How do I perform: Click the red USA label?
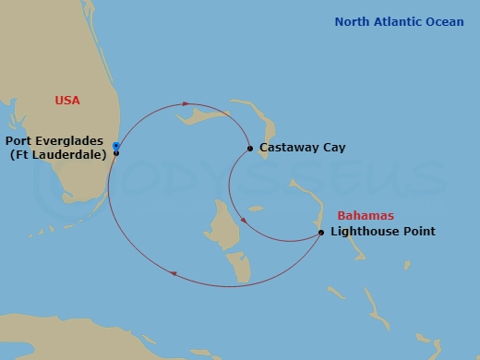coord(67,99)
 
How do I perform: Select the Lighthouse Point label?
coord(382,232)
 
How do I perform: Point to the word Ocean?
coord(442,21)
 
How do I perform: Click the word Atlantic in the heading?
coord(397,21)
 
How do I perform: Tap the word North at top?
coord(353,21)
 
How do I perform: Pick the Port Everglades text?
coord(54,140)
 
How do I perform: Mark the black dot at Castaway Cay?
coord(250,148)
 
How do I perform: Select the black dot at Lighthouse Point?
coord(321,232)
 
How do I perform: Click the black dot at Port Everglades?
coord(116,152)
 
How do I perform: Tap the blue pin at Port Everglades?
coord(115,145)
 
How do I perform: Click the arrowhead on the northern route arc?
coord(186,104)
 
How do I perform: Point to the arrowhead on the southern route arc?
coord(174,272)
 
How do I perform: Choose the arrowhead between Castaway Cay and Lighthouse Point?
coord(242,221)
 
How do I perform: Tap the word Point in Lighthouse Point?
coord(416,232)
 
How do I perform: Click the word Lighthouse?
coord(363,232)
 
